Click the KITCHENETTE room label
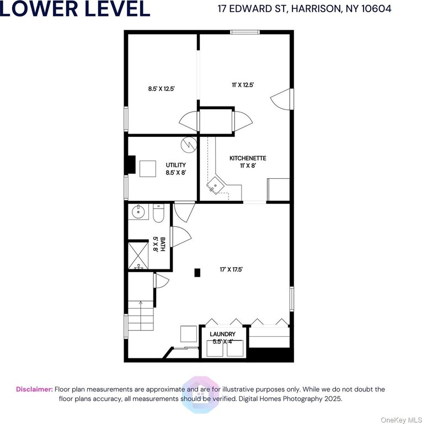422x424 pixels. coord(248,158)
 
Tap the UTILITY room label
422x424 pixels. coord(175,165)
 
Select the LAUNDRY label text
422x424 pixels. coord(223,334)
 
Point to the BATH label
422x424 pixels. coord(162,244)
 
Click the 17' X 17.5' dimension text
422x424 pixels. coord(231,269)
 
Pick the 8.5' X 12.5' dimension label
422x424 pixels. coord(162,88)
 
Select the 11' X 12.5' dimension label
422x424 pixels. coord(243,85)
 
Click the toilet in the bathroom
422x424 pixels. coord(158,213)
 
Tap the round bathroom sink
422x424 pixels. coord(138,212)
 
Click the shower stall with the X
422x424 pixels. coord(138,256)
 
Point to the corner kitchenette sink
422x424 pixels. coord(216,185)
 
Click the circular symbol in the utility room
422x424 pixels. coord(189,145)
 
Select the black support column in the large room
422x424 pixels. coord(197,273)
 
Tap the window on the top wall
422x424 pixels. coord(245,32)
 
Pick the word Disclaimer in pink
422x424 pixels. coord(34,389)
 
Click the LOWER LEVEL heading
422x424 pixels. coord(75,8)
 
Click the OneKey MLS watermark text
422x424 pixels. coord(401,420)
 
